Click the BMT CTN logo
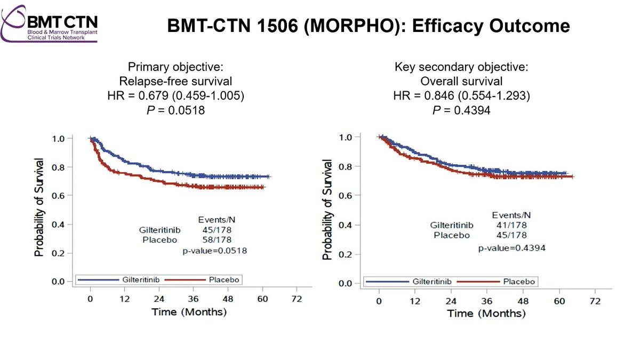[49, 24]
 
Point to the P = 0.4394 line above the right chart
[461, 110]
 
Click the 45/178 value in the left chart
[217, 230]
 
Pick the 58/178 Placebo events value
[217, 239]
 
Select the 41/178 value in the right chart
[511, 225]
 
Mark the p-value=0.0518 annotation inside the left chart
[214, 251]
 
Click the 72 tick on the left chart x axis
[297, 299]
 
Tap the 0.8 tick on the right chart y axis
[345, 166]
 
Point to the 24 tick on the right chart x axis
[451, 301]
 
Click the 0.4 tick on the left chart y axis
[58, 225]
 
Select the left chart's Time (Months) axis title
[189, 311]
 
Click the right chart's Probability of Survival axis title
[327, 210]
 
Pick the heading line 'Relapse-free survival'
[175, 81]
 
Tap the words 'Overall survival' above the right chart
[461, 81]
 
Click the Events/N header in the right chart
[511, 215]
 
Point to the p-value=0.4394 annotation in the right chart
[511, 248]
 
